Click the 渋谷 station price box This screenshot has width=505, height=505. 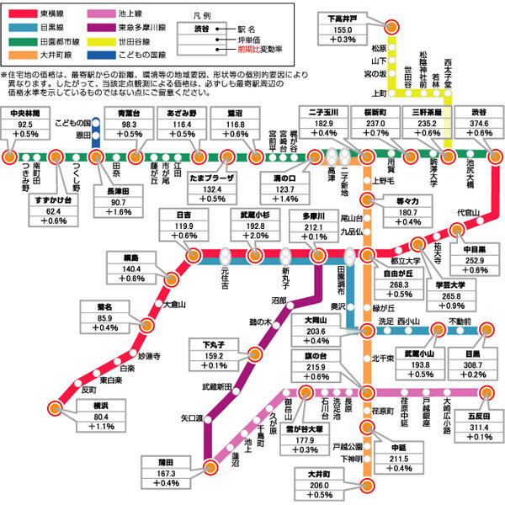[479, 123]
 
